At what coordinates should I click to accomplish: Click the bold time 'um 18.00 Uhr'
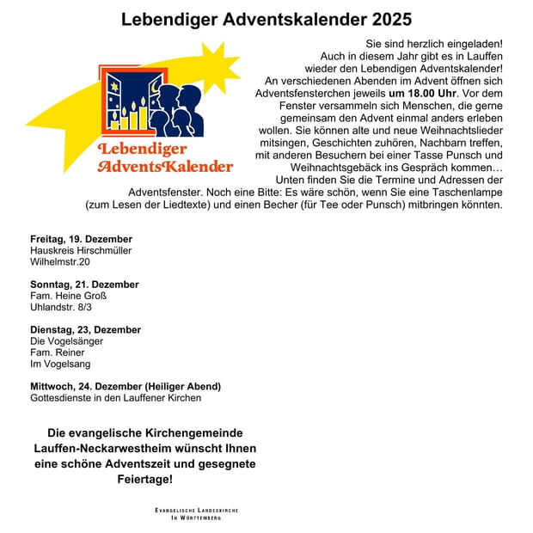(x=424, y=93)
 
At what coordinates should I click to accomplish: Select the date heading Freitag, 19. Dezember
(x=81, y=238)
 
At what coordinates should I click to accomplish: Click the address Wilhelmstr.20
(x=59, y=261)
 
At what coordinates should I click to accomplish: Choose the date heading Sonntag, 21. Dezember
(x=84, y=285)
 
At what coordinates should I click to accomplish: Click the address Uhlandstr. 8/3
(x=61, y=307)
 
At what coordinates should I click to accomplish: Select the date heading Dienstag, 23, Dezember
(x=85, y=330)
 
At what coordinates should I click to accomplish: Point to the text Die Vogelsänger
(x=66, y=341)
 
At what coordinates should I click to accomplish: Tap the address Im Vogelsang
(x=60, y=364)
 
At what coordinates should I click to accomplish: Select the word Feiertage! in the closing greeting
(x=144, y=479)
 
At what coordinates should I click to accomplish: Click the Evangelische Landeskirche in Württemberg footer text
(x=197, y=514)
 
